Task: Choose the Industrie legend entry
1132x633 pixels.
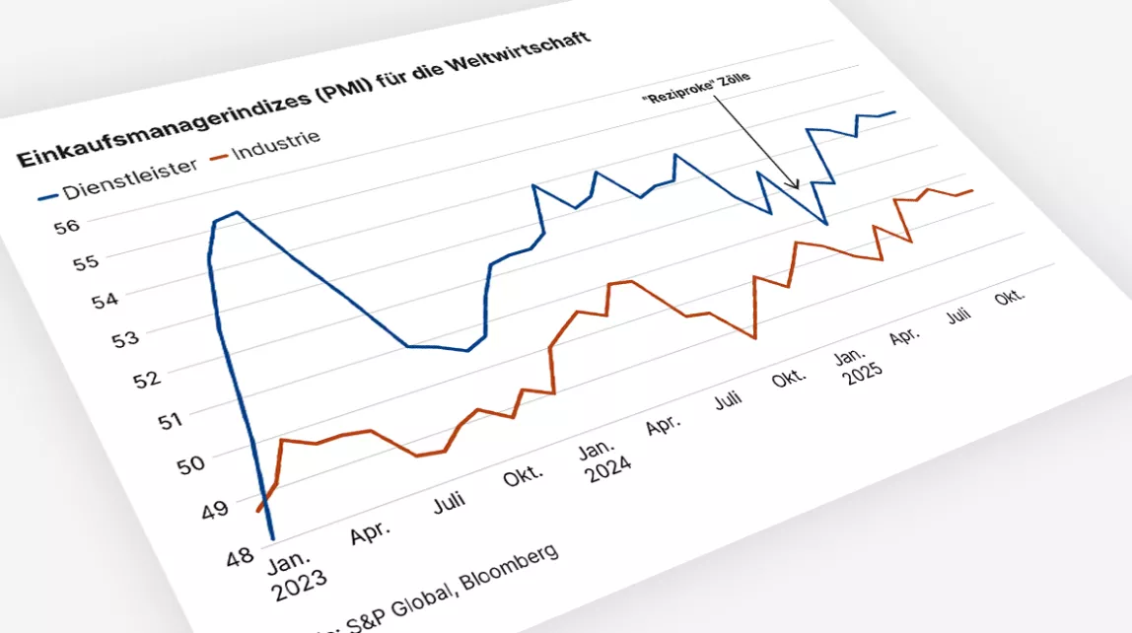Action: click(x=275, y=141)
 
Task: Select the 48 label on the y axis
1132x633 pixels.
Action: click(x=240, y=557)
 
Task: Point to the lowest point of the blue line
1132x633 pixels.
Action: click(x=271, y=538)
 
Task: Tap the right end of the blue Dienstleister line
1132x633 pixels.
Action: click(x=895, y=112)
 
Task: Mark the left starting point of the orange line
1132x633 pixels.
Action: click(x=257, y=511)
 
